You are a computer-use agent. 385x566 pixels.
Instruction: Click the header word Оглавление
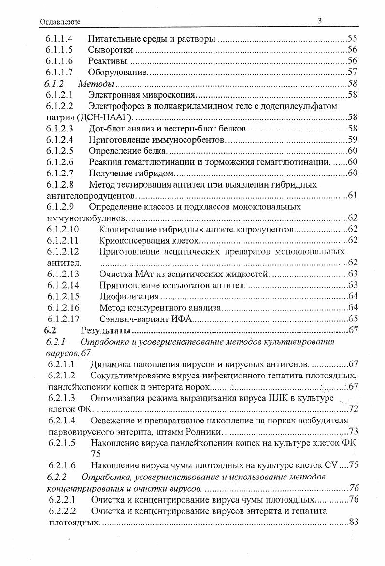(x=60, y=22)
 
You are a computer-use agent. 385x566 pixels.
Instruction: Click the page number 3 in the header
(x=320, y=20)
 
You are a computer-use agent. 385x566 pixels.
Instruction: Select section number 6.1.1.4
(x=60, y=39)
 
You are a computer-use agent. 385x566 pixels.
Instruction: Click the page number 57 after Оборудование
(x=352, y=72)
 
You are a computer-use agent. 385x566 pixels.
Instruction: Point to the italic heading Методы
(x=96, y=84)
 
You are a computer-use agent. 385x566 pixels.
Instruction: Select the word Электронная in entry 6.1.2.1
(x=114, y=95)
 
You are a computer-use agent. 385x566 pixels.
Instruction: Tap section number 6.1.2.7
(x=60, y=173)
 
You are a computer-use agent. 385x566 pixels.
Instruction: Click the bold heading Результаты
(x=106, y=331)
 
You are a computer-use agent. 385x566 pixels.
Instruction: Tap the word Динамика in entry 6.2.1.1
(x=112, y=364)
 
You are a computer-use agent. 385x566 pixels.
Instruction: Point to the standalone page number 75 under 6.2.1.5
(x=96, y=454)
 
